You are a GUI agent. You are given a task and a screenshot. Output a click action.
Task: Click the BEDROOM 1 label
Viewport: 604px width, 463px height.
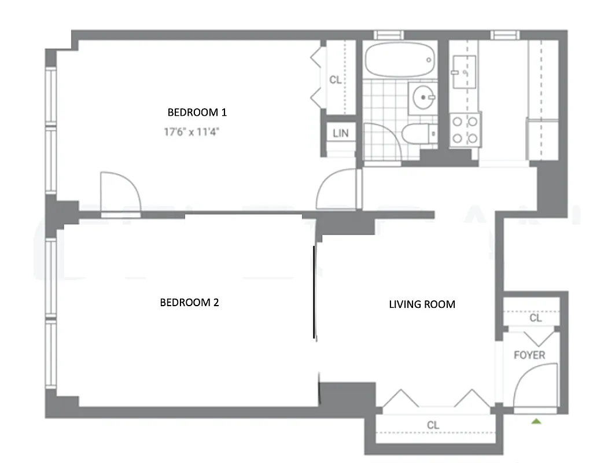[193, 112]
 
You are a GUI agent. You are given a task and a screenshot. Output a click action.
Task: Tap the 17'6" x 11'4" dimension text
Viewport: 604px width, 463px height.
[191, 132]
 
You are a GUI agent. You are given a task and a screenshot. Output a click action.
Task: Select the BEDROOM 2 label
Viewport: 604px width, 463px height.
[189, 302]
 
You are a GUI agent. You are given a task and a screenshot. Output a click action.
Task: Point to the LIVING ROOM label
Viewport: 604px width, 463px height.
[422, 304]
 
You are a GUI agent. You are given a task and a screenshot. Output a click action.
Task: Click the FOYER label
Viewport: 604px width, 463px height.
[529, 355]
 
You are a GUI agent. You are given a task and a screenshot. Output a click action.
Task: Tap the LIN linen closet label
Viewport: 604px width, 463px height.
[341, 133]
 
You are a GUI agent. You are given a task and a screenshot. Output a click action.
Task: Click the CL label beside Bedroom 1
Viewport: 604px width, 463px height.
[335, 80]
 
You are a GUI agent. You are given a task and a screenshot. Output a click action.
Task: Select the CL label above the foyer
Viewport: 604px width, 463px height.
[535, 318]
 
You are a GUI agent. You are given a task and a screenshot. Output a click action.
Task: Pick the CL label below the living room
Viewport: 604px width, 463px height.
[433, 425]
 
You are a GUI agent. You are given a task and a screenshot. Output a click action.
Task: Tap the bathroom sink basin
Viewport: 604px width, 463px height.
[424, 98]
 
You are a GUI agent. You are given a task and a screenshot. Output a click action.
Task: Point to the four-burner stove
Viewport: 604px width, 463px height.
[465, 130]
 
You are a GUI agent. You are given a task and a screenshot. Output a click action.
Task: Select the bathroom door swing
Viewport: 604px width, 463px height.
[382, 142]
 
